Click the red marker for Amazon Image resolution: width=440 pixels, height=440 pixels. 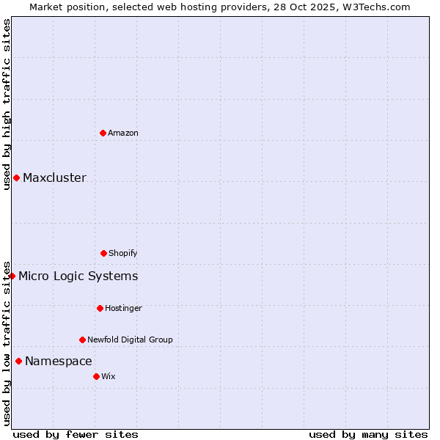click(103, 133)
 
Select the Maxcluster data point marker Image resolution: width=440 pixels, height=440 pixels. click(16, 177)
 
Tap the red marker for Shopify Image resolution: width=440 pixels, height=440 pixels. click(103, 253)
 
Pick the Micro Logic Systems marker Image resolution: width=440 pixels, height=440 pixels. click(12, 276)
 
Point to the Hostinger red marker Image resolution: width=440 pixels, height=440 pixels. click(100, 308)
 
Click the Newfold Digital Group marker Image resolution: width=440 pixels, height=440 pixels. click(82, 340)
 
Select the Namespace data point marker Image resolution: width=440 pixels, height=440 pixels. click(18, 361)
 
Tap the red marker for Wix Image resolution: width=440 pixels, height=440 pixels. click(96, 376)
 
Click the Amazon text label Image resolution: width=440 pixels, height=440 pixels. click(123, 133)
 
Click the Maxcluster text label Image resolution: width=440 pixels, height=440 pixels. click(54, 177)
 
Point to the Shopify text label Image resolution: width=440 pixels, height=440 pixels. click(123, 253)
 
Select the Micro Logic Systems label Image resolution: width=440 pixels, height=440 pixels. click(78, 276)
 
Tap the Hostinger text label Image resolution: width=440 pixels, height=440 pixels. click(123, 308)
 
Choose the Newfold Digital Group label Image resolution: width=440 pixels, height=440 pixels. click(130, 340)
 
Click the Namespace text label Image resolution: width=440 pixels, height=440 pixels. click(59, 361)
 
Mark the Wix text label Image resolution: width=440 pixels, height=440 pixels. click(109, 376)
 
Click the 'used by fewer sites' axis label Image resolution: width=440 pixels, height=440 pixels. click(76, 434)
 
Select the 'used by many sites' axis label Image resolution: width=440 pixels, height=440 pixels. click(368, 434)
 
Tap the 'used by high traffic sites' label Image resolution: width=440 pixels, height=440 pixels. click(7, 104)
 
